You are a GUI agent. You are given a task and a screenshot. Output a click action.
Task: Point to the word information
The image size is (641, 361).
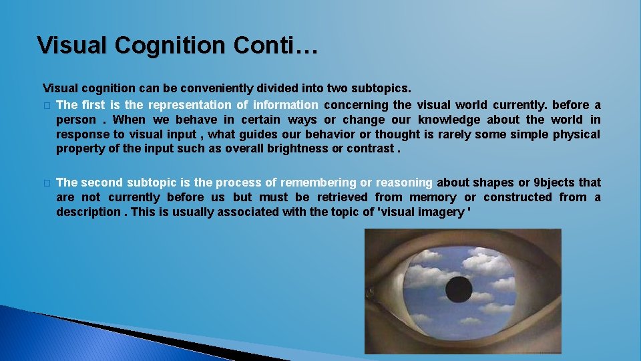pyautogui.click(x=285, y=105)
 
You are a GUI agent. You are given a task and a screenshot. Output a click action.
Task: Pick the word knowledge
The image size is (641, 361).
pyautogui.click(x=449, y=120)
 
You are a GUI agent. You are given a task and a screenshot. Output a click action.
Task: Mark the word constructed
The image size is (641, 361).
pyautogui.click(x=518, y=197)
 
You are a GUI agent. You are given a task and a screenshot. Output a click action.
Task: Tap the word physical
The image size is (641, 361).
pyautogui.click(x=576, y=134)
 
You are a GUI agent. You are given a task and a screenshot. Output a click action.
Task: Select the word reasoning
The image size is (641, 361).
pyautogui.click(x=405, y=183)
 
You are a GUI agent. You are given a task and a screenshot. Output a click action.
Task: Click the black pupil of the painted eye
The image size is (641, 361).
pyautogui.click(x=459, y=289)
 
